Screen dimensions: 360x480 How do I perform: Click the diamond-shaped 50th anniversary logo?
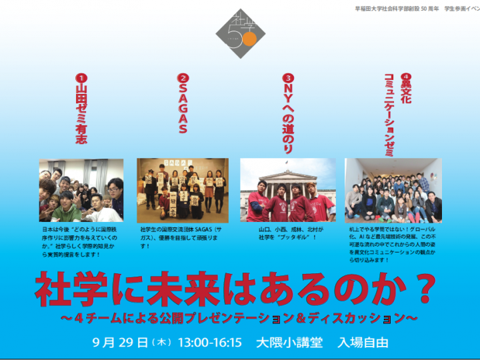pos(240,33)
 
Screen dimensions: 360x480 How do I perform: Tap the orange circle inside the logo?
pos(249,40)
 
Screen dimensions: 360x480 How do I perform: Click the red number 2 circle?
pos(182,77)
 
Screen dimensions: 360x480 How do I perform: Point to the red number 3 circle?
pos(288,77)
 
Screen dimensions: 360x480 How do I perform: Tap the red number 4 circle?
pos(406,77)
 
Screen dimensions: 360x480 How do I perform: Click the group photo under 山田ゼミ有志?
pos(81,190)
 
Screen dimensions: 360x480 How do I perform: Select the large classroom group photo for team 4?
pos(393,190)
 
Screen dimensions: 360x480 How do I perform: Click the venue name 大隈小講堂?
pos(289,343)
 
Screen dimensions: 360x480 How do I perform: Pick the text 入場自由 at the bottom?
pos(363,343)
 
